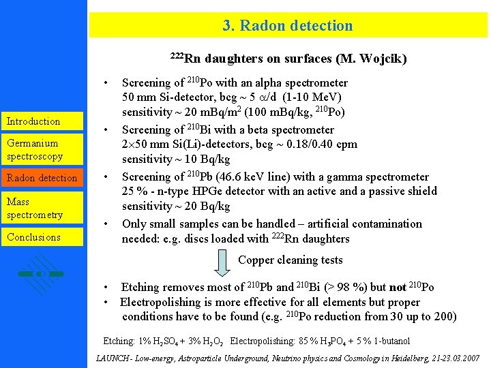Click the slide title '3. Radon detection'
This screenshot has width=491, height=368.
pos(287,26)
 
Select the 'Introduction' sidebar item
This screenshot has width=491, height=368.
pos(33,121)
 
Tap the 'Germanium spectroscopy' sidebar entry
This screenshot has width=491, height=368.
pos(35,149)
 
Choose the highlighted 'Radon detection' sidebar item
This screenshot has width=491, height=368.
pos(42,178)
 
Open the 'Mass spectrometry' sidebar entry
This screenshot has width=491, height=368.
pos(34,208)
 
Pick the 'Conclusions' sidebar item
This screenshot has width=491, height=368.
pos(33,237)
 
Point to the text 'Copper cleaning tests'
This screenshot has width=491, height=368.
pos(291,260)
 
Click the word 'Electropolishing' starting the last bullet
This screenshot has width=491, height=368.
pos(162,302)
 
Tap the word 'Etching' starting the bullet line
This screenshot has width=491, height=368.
pos(141,288)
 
